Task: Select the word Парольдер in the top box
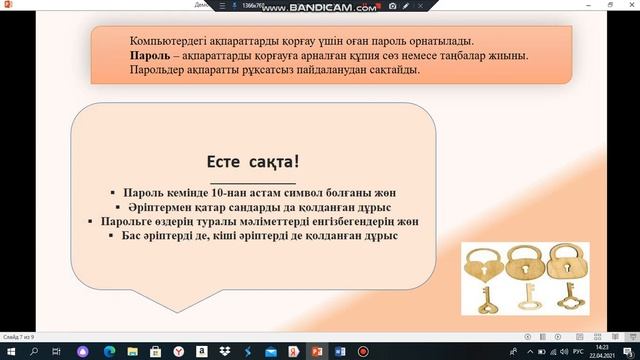click(x=162, y=71)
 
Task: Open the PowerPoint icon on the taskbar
click(x=317, y=352)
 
